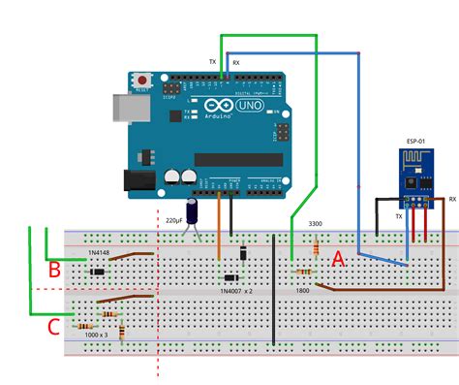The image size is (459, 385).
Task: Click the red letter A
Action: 338,259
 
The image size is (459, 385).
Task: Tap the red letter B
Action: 54,268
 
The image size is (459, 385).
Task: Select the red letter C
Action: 54,327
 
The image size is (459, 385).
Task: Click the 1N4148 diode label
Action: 99,254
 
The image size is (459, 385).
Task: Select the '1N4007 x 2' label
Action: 236,290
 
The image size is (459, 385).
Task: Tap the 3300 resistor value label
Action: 316,224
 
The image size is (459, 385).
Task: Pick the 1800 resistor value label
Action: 302,290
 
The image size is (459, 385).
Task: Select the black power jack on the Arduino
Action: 138,180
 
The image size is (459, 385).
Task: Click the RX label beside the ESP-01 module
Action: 452,200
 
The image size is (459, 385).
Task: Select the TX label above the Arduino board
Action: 213,61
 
